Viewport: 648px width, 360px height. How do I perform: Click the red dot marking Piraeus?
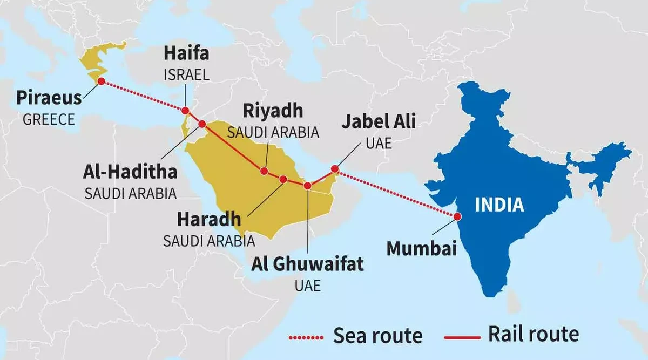pyautogui.click(x=100, y=81)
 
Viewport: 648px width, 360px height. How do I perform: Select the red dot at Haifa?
pyautogui.click(x=185, y=111)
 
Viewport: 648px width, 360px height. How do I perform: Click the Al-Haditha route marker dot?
pyautogui.click(x=202, y=124)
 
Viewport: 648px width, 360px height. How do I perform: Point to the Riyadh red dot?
pyautogui.click(x=264, y=171)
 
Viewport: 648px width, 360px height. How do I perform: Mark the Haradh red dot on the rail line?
pyautogui.click(x=283, y=179)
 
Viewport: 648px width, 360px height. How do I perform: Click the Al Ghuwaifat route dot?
pyautogui.click(x=307, y=186)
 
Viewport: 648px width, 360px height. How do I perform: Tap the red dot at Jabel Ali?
pyautogui.click(x=334, y=168)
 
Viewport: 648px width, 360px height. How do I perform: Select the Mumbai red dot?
pyautogui.click(x=457, y=216)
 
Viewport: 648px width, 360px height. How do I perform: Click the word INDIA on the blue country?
pyautogui.click(x=499, y=205)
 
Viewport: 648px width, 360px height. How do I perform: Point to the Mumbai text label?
pyautogui.click(x=422, y=249)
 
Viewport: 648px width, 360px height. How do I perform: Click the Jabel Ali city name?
pyautogui.click(x=378, y=122)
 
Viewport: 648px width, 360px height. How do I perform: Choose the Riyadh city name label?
pyautogui.click(x=273, y=111)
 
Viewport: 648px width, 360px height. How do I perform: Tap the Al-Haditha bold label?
pyautogui.click(x=130, y=172)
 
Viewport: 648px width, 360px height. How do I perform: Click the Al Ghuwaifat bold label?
pyautogui.click(x=307, y=265)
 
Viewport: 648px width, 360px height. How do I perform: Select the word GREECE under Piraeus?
pyautogui.click(x=49, y=119)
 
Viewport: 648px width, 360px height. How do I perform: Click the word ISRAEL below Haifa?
pyautogui.click(x=186, y=74)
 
